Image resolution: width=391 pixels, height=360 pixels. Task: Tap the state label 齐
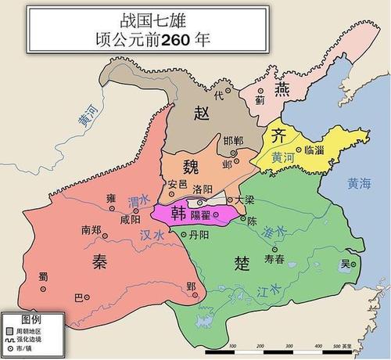coord(278,135)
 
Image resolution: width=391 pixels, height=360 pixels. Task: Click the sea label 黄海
coord(362,184)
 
